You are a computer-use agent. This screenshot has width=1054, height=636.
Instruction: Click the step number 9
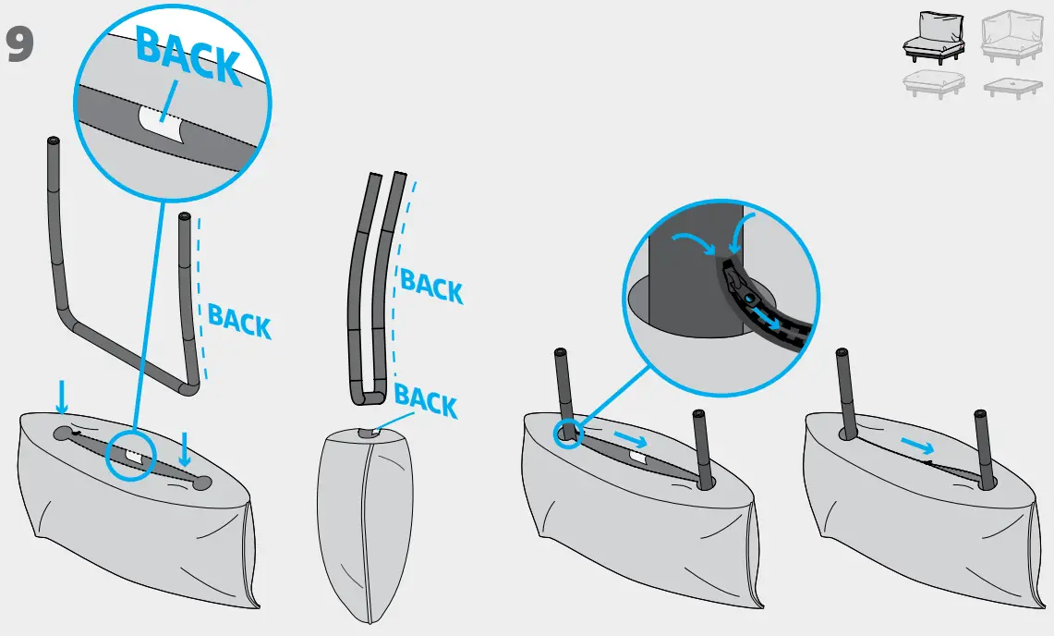(x=20, y=45)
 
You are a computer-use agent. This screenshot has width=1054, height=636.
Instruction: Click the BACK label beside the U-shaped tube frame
(x=239, y=320)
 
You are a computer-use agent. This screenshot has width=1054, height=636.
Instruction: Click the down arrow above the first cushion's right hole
(x=185, y=449)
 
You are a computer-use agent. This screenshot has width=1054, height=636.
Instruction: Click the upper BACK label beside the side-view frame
(x=430, y=286)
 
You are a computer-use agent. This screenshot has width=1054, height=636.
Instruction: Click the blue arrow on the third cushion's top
(x=632, y=436)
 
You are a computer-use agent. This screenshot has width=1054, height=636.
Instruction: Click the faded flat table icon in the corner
(x=1013, y=88)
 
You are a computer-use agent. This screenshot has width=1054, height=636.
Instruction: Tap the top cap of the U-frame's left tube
(x=52, y=141)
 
